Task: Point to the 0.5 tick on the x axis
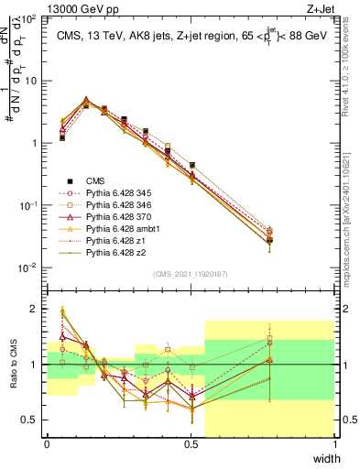pos(191,445)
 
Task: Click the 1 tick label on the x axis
pos(335,445)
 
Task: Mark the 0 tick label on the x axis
pos(47,445)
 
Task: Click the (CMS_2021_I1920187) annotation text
pos(191,274)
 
